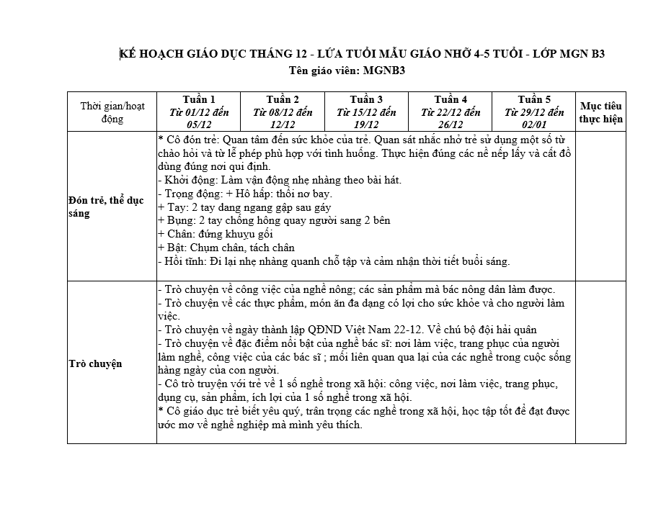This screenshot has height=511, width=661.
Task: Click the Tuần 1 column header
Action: pos(198,112)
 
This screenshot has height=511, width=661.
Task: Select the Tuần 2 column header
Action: pos(283,112)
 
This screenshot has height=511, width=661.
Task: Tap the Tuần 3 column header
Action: pos(366,112)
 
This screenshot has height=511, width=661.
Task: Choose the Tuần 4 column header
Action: pos(451,112)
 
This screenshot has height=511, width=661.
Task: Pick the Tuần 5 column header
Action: pos(534,112)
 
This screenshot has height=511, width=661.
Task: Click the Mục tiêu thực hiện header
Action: pos(601,112)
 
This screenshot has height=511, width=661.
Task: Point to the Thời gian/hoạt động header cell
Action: pos(112,112)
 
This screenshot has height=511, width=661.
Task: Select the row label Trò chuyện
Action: pos(95,363)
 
